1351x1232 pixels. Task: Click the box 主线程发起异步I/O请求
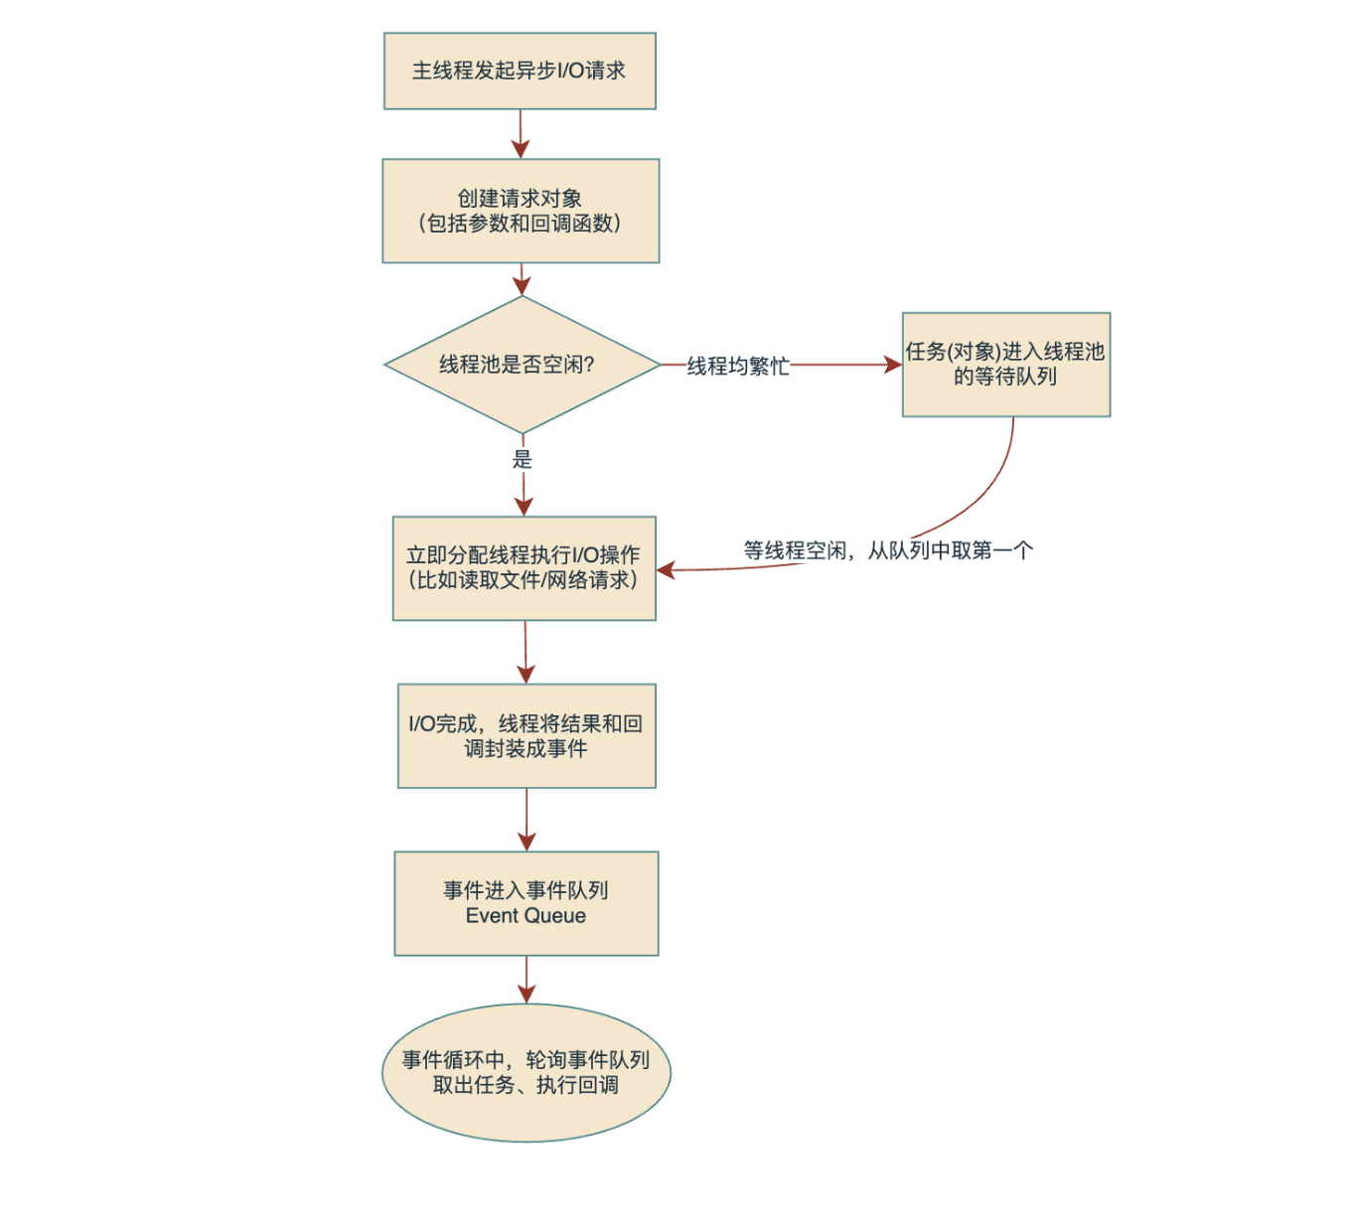(x=520, y=71)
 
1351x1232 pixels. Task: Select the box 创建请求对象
(x=521, y=211)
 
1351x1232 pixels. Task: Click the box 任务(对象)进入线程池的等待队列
(x=1005, y=365)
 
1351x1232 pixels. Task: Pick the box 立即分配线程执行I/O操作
(x=524, y=568)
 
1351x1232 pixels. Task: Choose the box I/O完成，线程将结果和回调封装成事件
(x=526, y=735)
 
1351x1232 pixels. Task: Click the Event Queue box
(x=525, y=903)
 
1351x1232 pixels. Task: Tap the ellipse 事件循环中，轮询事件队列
(x=525, y=1073)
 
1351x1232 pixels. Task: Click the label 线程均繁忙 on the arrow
(x=738, y=366)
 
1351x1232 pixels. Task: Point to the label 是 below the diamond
(x=523, y=459)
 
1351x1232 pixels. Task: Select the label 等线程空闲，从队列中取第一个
(x=888, y=550)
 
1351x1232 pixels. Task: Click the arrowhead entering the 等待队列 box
(x=893, y=365)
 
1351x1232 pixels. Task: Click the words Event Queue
(x=525, y=916)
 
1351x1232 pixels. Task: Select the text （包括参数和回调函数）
(x=521, y=224)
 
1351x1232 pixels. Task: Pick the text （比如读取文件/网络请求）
(x=524, y=580)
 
